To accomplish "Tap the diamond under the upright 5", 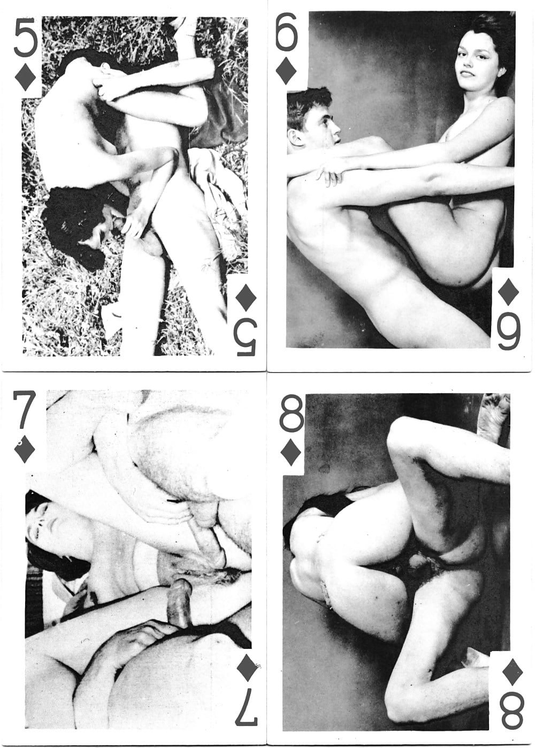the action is click(26, 77).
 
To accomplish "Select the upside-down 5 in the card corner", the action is click(246, 337).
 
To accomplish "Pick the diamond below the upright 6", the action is click(286, 71).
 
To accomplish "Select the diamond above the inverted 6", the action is click(508, 292).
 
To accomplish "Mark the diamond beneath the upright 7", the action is click(25, 451).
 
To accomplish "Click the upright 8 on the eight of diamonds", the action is click(292, 414).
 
